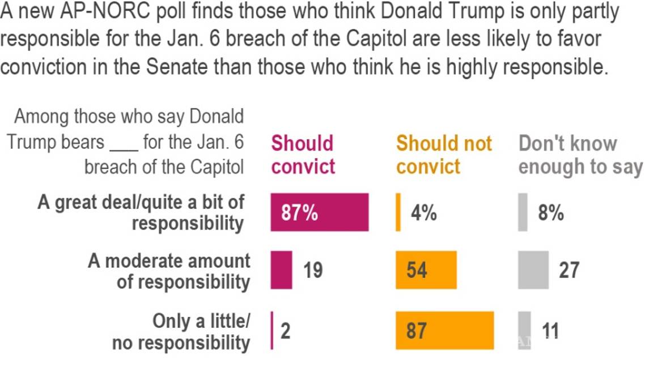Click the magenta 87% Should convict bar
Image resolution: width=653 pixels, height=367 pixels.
[x=319, y=212]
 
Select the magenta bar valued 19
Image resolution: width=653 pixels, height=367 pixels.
[x=281, y=270]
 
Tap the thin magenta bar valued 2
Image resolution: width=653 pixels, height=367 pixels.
[x=272, y=330]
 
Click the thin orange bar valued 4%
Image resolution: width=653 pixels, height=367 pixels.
[x=398, y=212]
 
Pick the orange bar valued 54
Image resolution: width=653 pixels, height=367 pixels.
[x=426, y=270]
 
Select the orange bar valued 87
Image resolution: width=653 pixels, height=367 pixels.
[x=444, y=330]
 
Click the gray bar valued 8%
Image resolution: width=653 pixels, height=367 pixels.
[x=522, y=212]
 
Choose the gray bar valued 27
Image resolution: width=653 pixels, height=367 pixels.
[x=533, y=270]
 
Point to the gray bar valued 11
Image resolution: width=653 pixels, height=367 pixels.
[x=524, y=330]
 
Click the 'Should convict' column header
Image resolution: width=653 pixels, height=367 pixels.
[x=303, y=155]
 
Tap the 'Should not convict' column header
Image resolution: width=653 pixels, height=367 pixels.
[x=444, y=155]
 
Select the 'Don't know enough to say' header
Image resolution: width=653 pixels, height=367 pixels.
[x=580, y=155]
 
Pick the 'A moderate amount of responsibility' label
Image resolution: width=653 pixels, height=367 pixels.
[x=169, y=271]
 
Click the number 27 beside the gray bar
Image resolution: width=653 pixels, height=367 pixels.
[x=569, y=270]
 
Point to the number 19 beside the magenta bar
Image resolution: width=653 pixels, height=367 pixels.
[x=312, y=270]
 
